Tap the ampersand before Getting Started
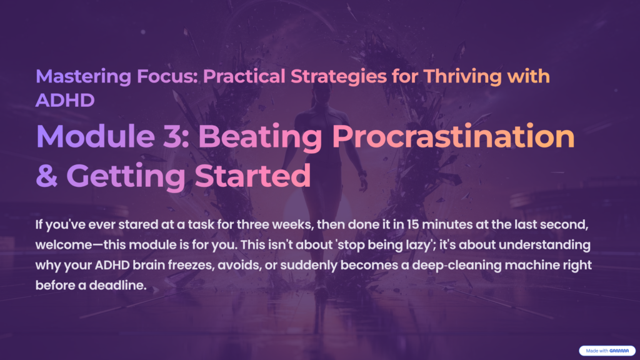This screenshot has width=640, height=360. click(x=47, y=176)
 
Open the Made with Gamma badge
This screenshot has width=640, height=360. click(x=606, y=351)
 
